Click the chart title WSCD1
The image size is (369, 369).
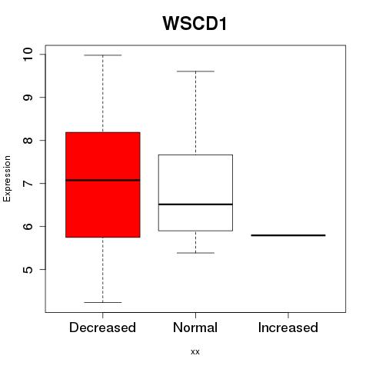coord(194,23)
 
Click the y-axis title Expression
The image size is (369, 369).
coord(7,178)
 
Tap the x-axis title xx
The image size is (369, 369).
coord(195,351)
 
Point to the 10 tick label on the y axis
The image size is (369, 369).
coord(28,55)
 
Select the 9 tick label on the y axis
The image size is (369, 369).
coord(28,98)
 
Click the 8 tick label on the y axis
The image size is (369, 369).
coord(28,141)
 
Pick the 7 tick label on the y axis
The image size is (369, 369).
coord(28,184)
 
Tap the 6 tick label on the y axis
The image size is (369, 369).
coord(28,227)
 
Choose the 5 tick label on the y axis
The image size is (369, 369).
coord(28,270)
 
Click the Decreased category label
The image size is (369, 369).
coord(102,327)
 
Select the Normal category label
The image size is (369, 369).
coord(195,327)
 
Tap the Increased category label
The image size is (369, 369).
coord(288,327)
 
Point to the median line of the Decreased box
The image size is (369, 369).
coord(103,180)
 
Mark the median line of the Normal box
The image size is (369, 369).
coord(195,204)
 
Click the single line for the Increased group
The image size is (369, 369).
coord(288,235)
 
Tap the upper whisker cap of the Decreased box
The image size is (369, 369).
coord(103,55)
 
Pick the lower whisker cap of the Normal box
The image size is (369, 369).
coord(195,253)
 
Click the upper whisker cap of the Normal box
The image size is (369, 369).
coord(195,71)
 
